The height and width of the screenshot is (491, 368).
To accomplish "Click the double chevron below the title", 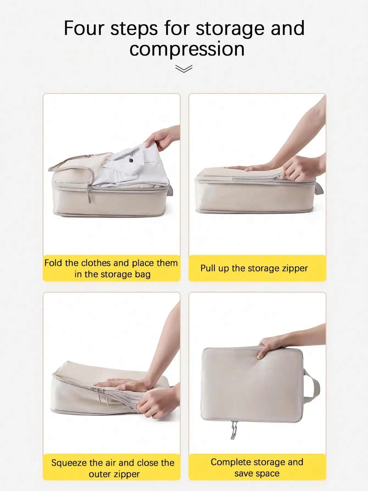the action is (x=184, y=69).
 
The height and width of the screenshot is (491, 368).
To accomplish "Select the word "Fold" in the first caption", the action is (x=53, y=263).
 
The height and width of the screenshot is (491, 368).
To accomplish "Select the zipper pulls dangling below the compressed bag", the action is (x=234, y=430).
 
